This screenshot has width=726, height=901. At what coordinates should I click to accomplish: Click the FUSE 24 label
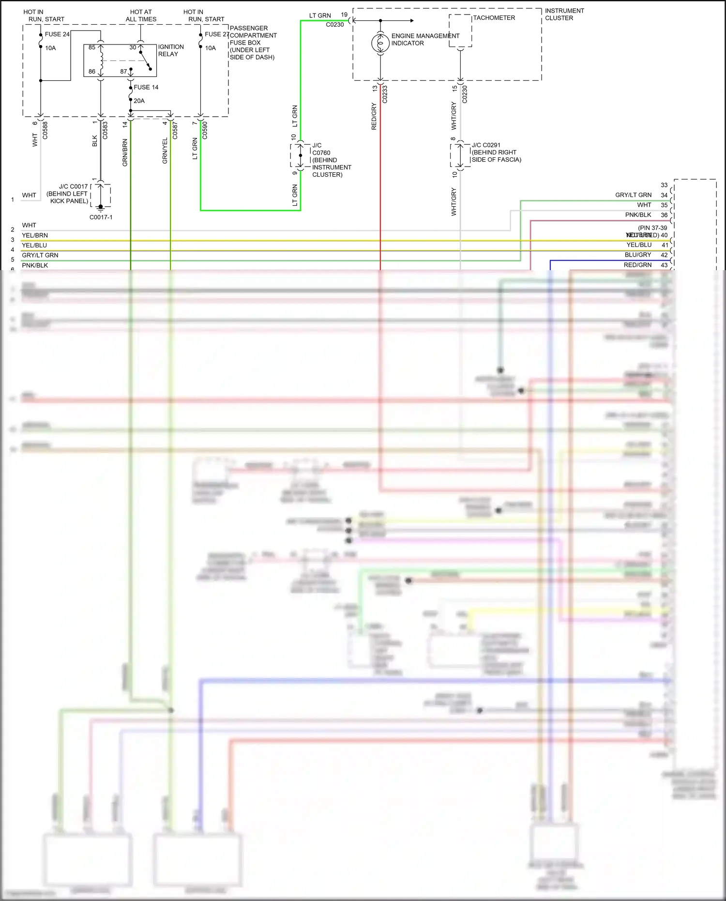coord(57,34)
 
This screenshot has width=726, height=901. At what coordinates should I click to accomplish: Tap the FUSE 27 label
coord(216,34)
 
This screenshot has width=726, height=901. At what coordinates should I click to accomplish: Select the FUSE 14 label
coord(146,88)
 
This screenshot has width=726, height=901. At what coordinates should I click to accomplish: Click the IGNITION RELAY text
coord(170,50)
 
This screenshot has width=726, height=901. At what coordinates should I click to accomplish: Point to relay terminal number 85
coord(92,47)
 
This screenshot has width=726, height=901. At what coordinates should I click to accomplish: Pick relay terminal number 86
coord(92,72)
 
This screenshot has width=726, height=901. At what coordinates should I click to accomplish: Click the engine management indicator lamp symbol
coord(380,43)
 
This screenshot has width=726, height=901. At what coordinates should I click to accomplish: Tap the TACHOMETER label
coord(494,18)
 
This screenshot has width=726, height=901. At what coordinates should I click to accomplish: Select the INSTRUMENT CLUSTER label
coord(564,15)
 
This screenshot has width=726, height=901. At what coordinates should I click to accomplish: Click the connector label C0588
coord(45,130)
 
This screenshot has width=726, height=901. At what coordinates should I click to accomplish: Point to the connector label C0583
coord(105,130)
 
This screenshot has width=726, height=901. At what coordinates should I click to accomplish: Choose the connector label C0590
coord(205,130)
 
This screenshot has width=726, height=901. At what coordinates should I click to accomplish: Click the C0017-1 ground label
coord(101,217)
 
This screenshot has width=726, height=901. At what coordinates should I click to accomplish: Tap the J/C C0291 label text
coord(486,145)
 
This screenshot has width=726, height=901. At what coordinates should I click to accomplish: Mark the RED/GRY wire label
coord(374,116)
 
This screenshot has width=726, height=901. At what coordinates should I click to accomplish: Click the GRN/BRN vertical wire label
coord(125,153)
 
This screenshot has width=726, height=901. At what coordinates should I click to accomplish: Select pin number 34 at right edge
coord(664,195)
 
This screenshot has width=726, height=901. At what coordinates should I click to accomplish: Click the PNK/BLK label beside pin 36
coord(638,215)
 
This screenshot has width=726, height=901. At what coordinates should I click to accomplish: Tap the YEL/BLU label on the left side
coord(34,245)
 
